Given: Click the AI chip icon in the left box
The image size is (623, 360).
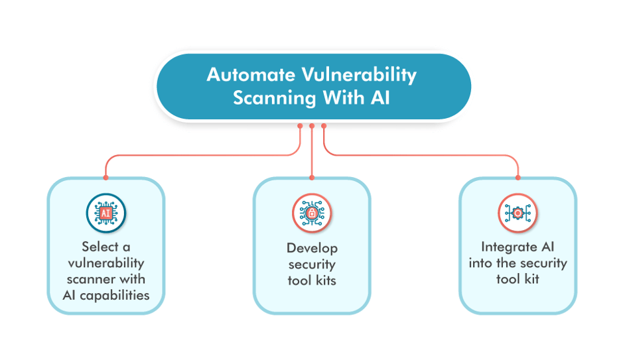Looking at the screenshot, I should pos(106,213).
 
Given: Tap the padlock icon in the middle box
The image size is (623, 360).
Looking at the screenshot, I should pos(312,213).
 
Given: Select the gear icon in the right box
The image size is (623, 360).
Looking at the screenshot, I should pos(518,213).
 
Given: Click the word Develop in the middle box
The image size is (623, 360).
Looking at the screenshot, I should pos(312,248).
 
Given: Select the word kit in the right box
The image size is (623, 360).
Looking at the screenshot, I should pos(531,279).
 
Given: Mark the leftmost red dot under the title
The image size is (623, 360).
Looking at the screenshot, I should pos(300,125).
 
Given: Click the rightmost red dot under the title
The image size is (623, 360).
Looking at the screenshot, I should pos(324,125).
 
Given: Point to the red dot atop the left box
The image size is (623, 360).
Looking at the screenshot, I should pos(105,178).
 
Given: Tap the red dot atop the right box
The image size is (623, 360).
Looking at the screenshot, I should pos(518,178).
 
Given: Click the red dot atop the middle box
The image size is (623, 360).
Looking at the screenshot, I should pos(312,178).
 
